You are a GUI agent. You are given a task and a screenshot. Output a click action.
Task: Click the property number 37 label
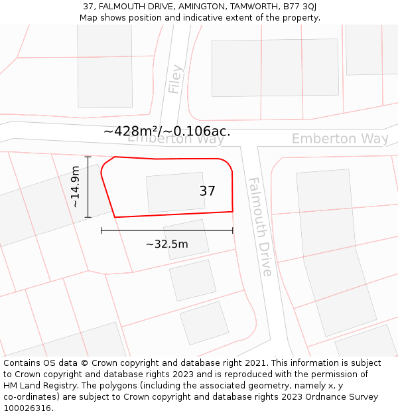(x=207, y=191)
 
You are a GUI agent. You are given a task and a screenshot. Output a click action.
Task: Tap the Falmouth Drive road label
(x=259, y=226)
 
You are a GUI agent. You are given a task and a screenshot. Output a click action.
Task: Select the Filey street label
(x=175, y=79)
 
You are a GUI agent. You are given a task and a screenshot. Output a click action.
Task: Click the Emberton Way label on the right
(x=340, y=139)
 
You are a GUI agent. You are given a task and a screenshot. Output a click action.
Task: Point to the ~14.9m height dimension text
(x=76, y=187)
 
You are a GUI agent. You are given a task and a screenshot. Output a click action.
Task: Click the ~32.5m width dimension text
(x=166, y=244)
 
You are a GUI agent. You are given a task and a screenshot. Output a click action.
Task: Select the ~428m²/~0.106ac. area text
(x=166, y=131)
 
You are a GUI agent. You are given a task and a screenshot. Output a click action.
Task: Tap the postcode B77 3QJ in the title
(x=300, y=6)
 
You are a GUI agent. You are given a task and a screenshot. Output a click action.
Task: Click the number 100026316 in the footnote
(x=27, y=408)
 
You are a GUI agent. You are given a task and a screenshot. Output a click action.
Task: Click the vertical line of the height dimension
(x=88, y=187)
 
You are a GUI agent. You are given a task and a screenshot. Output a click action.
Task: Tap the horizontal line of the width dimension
(x=166, y=230)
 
